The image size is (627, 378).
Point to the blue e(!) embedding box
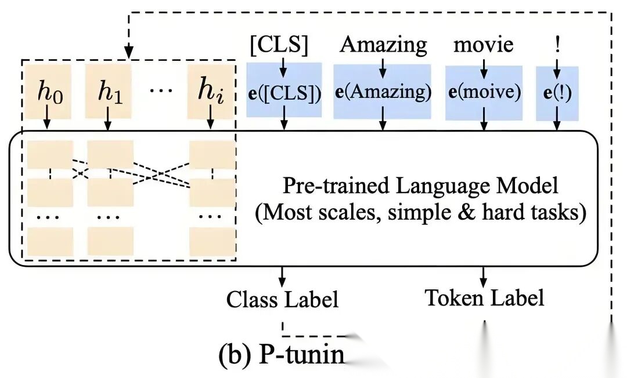click(557, 93)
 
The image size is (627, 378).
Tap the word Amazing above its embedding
click(383, 44)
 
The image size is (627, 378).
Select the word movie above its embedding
click(484, 44)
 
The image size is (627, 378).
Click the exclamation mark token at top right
click(557, 44)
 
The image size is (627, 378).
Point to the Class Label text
click(282, 299)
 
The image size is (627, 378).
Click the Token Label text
click(485, 298)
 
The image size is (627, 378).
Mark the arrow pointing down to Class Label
click(282, 275)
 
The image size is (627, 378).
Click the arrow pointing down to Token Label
click(485, 275)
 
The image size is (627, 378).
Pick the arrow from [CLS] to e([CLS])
click(283, 68)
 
